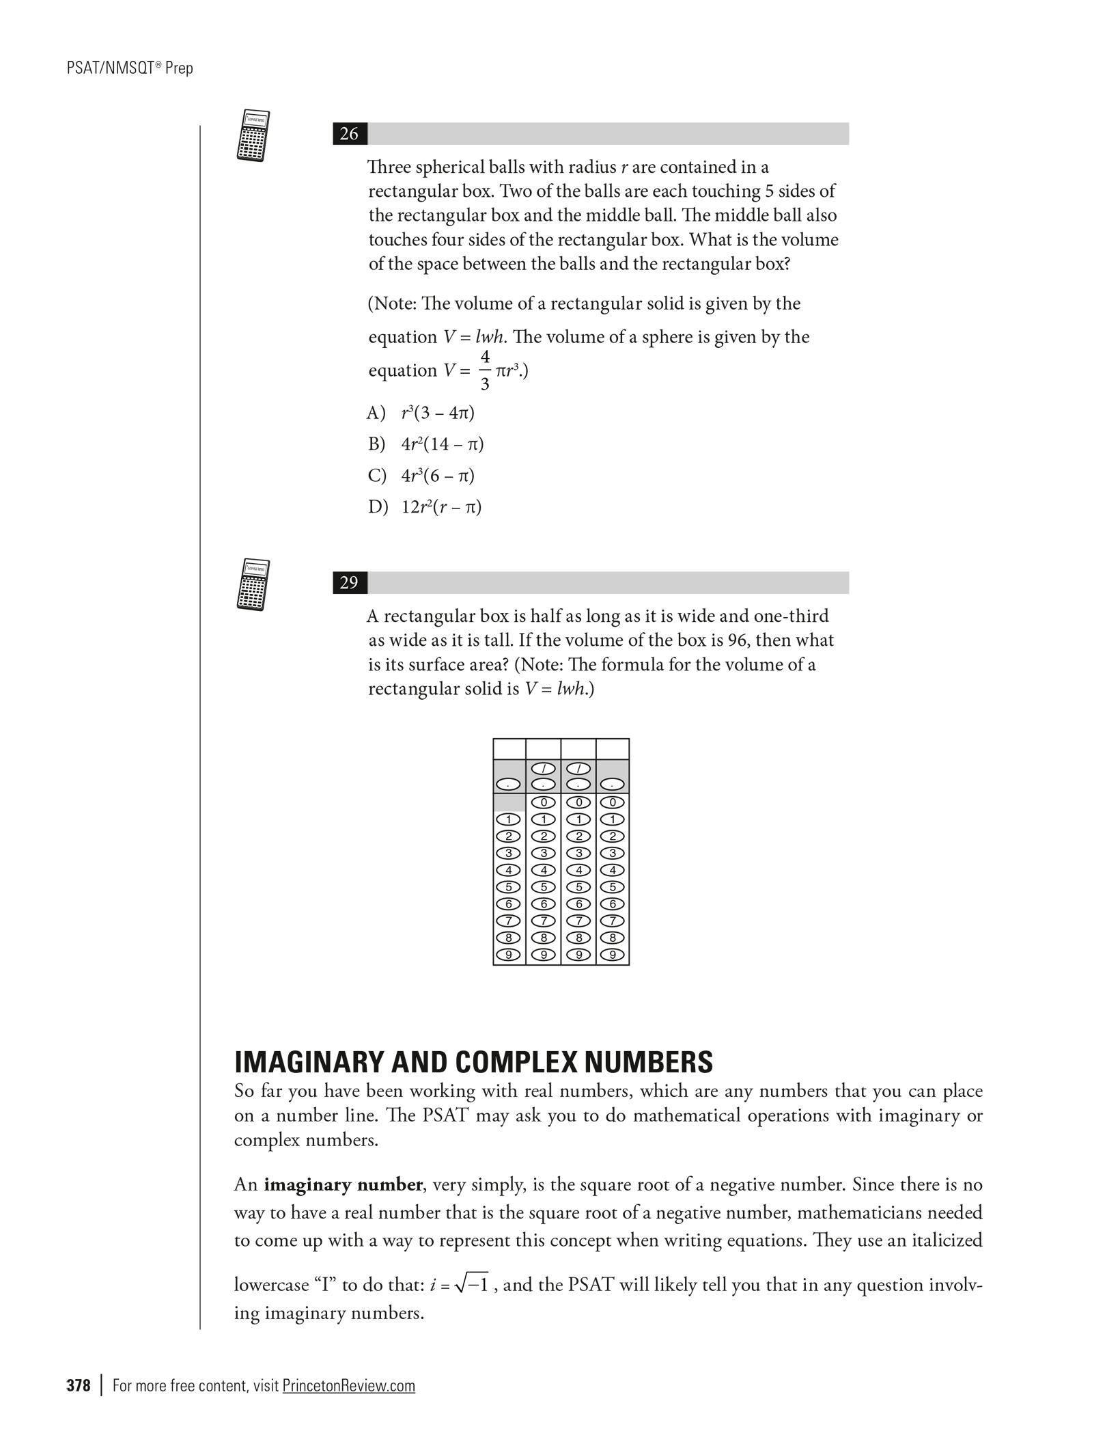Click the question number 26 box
click(349, 134)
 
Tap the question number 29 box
click(349, 582)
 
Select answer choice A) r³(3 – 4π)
click(421, 413)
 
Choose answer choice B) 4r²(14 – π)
click(425, 444)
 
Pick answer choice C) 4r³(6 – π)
click(421, 476)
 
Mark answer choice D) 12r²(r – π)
click(425, 507)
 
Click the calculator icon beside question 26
click(253, 135)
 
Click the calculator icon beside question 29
click(253, 584)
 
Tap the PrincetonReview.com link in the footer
click(348, 1386)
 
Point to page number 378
click(79, 1386)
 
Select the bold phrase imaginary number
click(343, 1184)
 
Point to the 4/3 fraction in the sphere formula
click(485, 370)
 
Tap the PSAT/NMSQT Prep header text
click(130, 68)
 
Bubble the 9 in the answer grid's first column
click(508, 955)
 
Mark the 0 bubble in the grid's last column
click(613, 802)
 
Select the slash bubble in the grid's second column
click(543, 770)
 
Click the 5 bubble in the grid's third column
click(578, 887)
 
